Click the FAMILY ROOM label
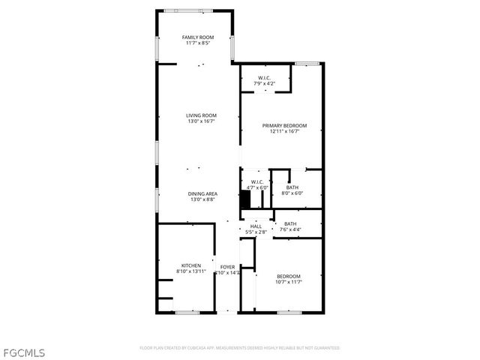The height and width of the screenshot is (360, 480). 198,37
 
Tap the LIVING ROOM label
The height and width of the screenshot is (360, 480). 201,115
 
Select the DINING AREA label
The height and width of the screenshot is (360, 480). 202,194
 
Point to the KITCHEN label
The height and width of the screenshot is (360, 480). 190,265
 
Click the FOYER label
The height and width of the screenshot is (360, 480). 227,266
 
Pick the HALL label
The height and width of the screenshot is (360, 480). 256,226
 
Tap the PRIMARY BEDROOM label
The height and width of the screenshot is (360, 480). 284,125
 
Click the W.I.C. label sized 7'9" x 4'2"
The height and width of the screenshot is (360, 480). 264,77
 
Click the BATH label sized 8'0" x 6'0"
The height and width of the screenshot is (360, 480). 292,187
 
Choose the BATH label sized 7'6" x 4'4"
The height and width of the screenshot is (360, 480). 290,223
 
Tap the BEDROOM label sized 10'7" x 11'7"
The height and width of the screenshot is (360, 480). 288,275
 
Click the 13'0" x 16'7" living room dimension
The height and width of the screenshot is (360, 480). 201,121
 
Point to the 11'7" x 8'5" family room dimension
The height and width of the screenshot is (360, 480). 198,43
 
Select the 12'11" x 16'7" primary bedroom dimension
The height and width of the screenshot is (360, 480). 284,131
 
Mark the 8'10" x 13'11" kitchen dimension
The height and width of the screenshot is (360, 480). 190,271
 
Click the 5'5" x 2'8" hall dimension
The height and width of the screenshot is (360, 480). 256,232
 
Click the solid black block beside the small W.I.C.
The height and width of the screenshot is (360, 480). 244,200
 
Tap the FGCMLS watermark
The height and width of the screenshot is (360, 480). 25,352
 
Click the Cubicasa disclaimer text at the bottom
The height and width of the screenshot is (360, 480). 240,348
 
